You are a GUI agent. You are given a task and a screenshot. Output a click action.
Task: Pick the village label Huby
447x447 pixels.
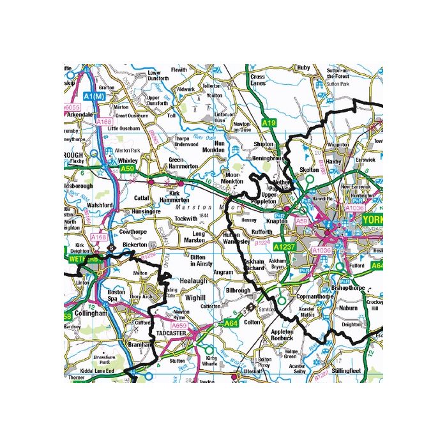303,68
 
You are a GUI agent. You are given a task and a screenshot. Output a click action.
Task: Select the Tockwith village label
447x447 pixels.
186,218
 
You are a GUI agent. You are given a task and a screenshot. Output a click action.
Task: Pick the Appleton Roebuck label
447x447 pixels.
282,336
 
